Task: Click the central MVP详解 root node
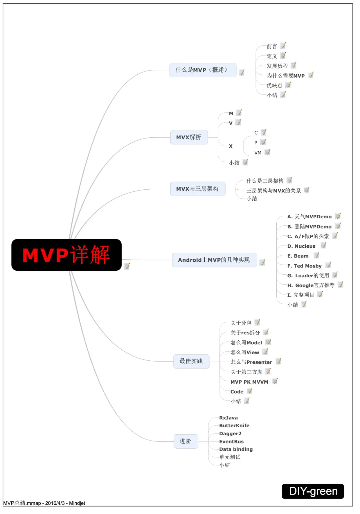(x=66, y=255)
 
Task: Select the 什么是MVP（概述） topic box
(x=203, y=70)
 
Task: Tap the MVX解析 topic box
(x=189, y=137)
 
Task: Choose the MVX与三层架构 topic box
(x=197, y=189)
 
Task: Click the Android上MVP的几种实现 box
(x=214, y=260)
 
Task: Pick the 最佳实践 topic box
(x=191, y=361)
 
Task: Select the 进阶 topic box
(x=186, y=441)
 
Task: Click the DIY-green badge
(x=313, y=491)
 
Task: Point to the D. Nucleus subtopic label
(x=301, y=246)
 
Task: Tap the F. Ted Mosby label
(x=305, y=266)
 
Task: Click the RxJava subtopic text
(x=228, y=418)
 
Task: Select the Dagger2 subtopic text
(x=230, y=433)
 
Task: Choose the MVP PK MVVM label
(x=249, y=382)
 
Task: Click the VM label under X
(x=258, y=153)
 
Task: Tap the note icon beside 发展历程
(x=294, y=65)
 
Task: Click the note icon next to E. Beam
(x=316, y=255)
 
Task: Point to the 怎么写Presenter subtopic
(x=251, y=362)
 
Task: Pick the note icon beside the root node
(x=127, y=266)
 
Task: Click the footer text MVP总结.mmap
(x=22, y=503)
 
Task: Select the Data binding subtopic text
(x=236, y=449)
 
